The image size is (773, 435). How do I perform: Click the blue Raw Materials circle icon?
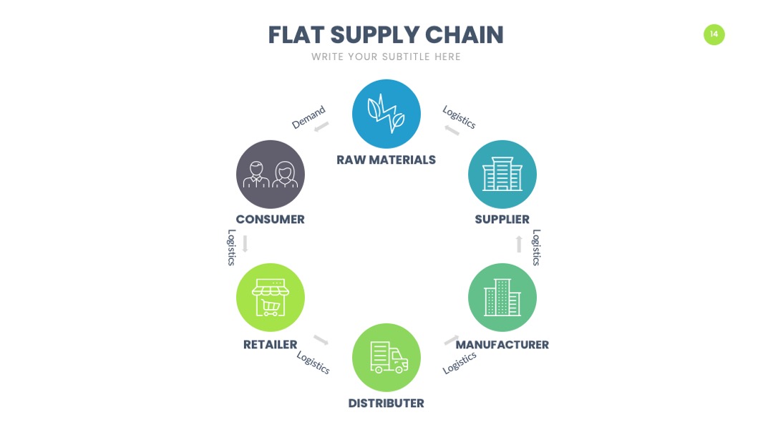(x=386, y=114)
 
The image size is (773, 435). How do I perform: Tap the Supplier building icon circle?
(x=502, y=175)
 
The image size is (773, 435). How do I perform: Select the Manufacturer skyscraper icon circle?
(x=502, y=298)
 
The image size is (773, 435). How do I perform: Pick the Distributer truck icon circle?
(x=386, y=358)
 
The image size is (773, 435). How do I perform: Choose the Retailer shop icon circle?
(x=270, y=298)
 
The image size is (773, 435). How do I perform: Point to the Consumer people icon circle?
(x=270, y=175)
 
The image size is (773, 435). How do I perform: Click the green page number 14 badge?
(x=714, y=34)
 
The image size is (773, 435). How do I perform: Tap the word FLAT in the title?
(x=296, y=35)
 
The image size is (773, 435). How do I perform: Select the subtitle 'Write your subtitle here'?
(x=386, y=57)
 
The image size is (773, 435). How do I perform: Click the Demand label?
(x=308, y=117)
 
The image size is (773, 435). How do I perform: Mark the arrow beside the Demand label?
(x=321, y=127)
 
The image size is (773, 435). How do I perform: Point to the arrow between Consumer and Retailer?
(x=245, y=244)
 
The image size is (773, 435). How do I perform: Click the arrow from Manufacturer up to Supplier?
(x=519, y=244)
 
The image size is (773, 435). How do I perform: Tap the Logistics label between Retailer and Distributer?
(x=313, y=362)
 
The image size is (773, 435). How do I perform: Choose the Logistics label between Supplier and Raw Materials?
(x=459, y=117)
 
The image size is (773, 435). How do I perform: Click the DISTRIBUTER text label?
(x=386, y=403)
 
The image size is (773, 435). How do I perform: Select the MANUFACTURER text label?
(x=502, y=344)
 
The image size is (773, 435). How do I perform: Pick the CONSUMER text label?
(x=270, y=219)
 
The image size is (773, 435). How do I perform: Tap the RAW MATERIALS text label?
(x=386, y=160)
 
